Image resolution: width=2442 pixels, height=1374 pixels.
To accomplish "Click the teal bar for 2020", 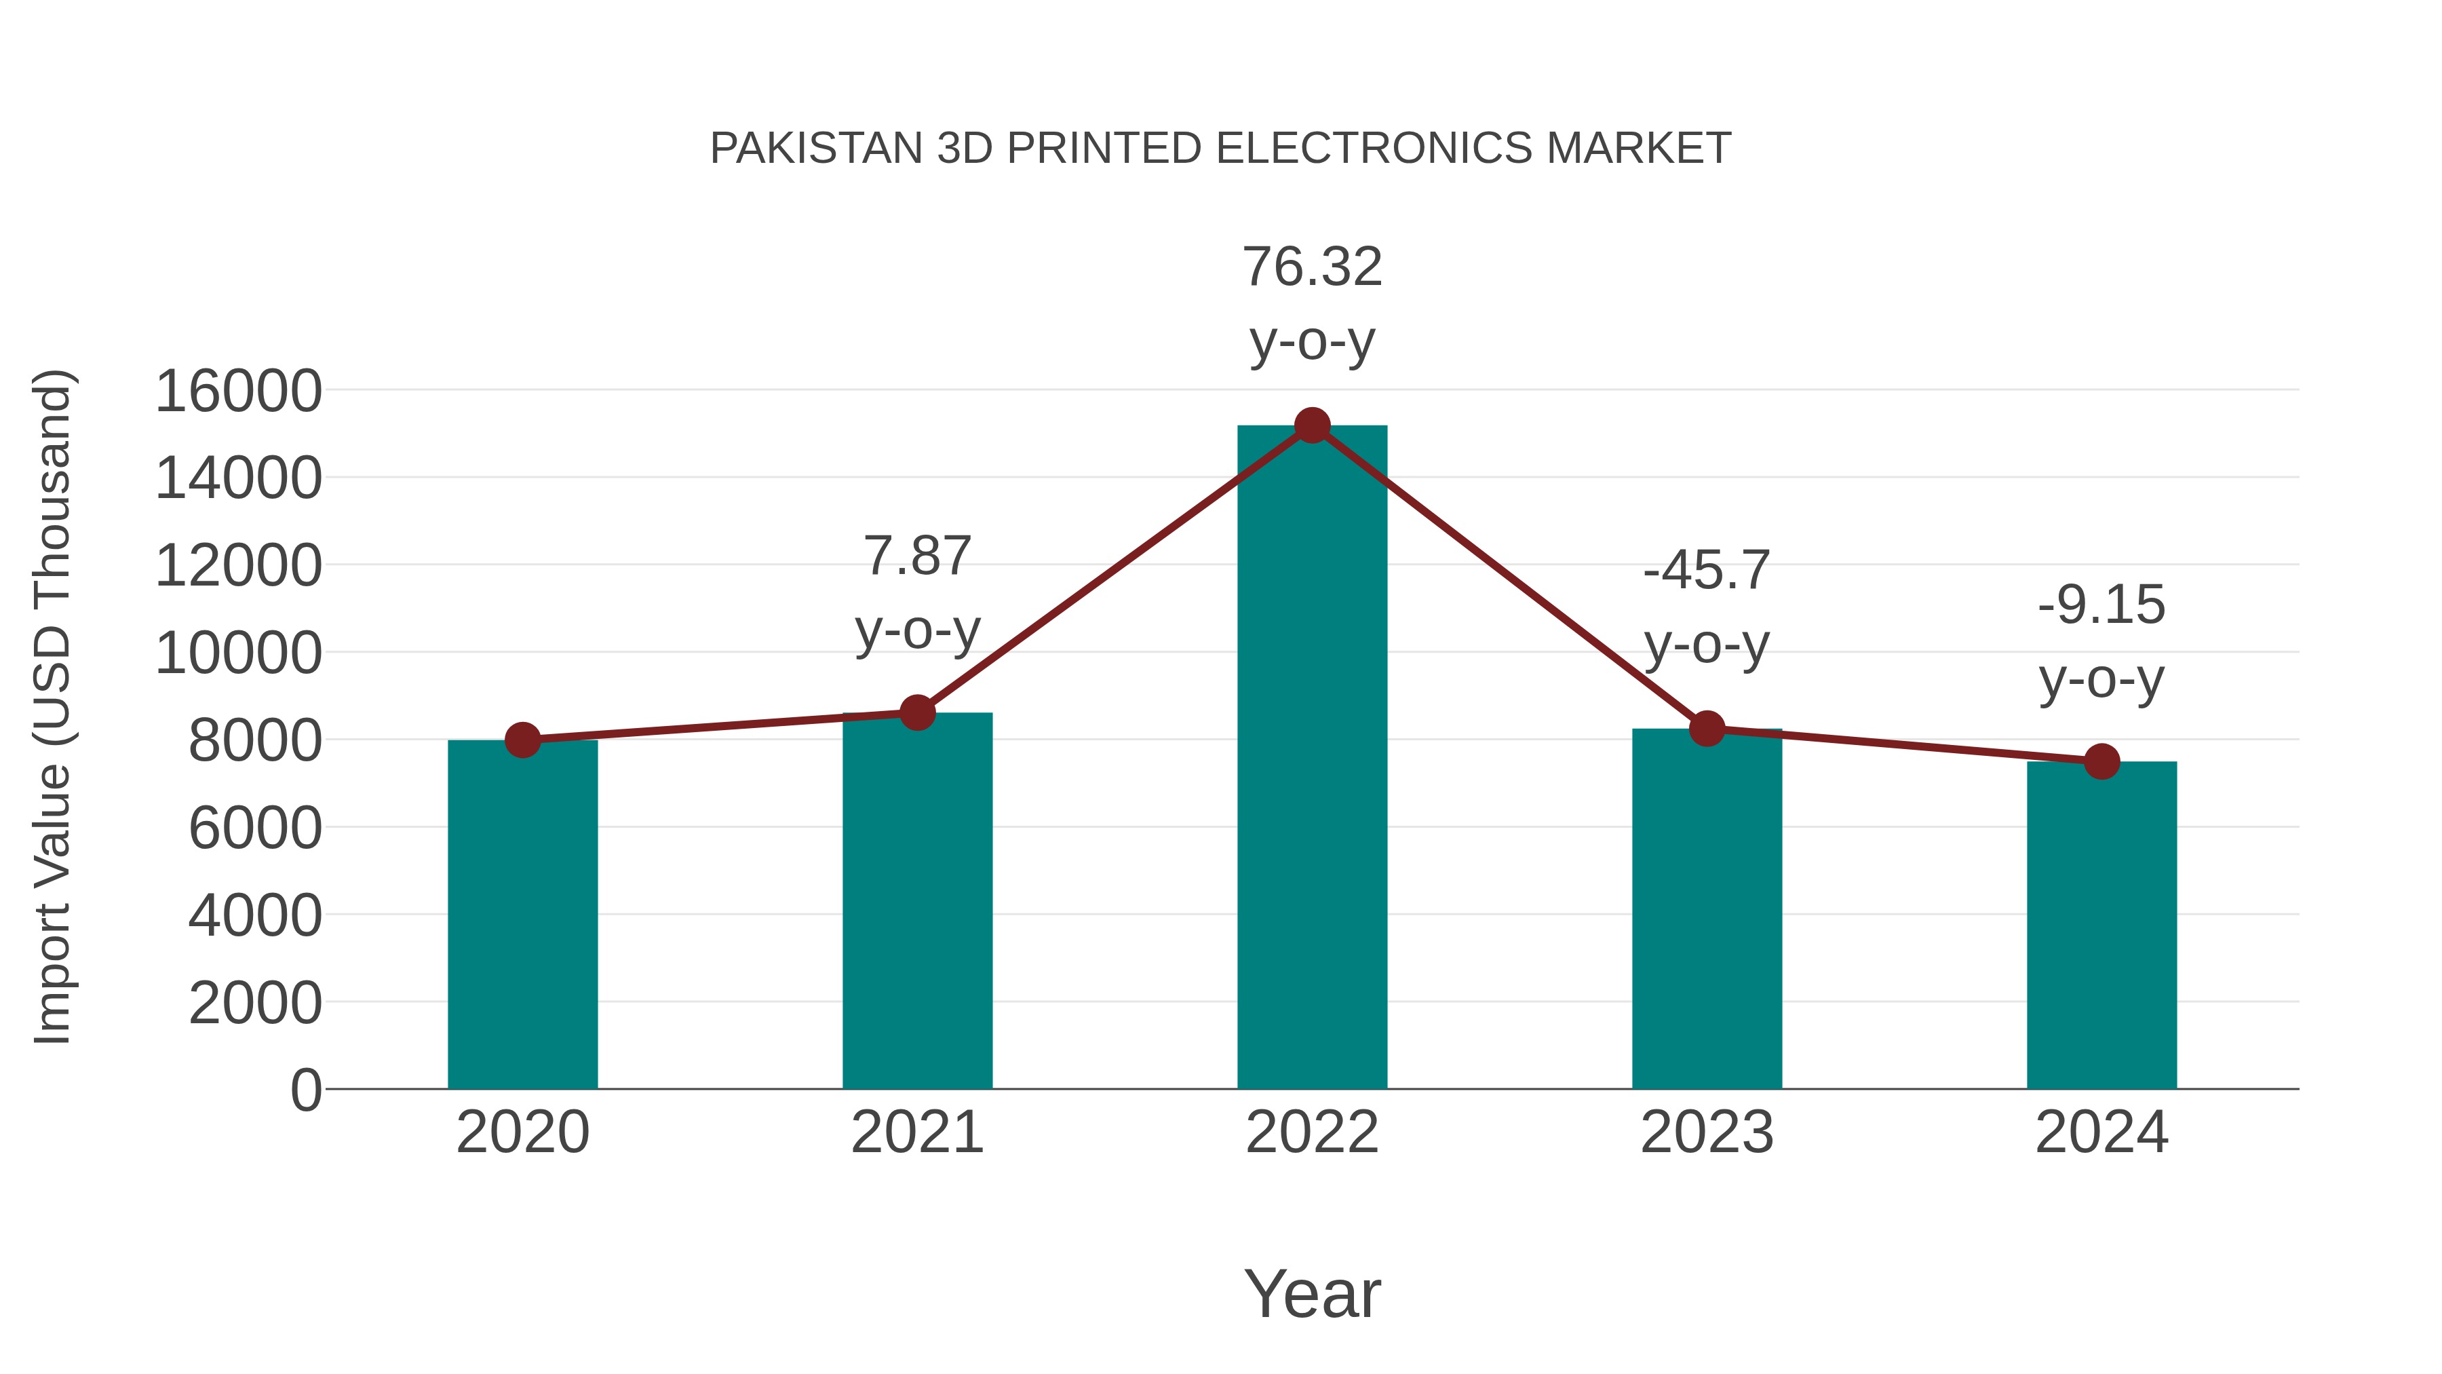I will pyautogui.click(x=522, y=915).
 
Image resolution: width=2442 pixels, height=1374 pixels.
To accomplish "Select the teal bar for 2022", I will pyautogui.click(x=1312, y=759).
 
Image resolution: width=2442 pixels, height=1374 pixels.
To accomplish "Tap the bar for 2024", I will pyautogui.click(x=2101, y=925).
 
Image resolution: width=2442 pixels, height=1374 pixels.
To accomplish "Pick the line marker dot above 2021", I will pyautogui.click(x=916, y=712).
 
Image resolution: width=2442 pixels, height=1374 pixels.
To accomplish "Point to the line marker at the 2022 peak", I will pyautogui.click(x=1312, y=425).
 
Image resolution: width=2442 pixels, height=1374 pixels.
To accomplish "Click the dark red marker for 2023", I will pyautogui.click(x=1707, y=728).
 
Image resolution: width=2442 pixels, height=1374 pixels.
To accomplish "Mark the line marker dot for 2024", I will pyautogui.click(x=2101, y=761).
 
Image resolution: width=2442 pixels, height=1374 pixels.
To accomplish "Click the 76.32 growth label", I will pyautogui.click(x=1312, y=267).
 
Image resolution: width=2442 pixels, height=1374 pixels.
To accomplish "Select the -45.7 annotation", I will pyautogui.click(x=1707, y=571).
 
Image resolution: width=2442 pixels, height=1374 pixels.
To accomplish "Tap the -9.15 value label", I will pyautogui.click(x=2101, y=605).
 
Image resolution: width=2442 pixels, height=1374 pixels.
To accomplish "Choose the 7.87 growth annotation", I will pyautogui.click(x=916, y=556).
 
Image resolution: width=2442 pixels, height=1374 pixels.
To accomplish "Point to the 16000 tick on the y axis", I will pyautogui.click(x=238, y=391).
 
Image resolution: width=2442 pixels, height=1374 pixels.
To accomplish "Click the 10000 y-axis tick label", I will pyautogui.click(x=238, y=653).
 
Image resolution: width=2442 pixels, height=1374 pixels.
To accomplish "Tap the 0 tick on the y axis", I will pyautogui.click(x=306, y=1090).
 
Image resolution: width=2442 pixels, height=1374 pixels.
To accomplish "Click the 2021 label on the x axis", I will pyautogui.click(x=916, y=1132).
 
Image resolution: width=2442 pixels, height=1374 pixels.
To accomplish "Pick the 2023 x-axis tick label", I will pyautogui.click(x=1707, y=1132).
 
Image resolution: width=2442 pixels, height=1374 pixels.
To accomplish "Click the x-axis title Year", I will pyautogui.click(x=1312, y=1293).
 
